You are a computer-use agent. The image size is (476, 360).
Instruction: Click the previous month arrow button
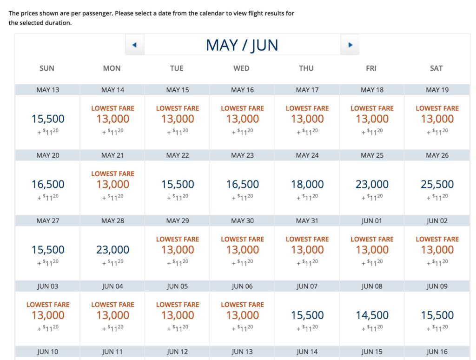point(134,45)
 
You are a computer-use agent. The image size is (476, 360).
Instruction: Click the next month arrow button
point(350,45)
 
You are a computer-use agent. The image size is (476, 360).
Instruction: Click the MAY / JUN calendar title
point(242,45)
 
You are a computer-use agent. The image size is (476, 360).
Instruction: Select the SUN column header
point(47,68)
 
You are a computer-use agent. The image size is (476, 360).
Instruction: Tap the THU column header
point(306,68)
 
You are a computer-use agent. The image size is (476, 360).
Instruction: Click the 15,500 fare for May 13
point(48,119)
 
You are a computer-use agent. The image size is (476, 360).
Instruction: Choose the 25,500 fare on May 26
point(437,185)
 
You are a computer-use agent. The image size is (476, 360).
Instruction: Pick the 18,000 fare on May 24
point(307,185)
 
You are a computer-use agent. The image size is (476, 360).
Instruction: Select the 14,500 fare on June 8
point(372,315)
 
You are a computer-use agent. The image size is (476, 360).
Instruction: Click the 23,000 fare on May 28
point(112,250)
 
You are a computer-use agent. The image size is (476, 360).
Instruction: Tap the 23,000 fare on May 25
point(372,185)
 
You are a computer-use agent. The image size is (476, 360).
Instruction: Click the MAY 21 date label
point(112,155)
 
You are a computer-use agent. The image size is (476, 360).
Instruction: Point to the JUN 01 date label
point(372,221)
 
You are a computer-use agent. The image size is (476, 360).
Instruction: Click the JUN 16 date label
point(437,352)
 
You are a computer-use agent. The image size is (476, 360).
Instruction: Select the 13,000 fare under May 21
point(112,185)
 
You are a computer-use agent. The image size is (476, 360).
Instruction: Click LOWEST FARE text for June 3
point(48,305)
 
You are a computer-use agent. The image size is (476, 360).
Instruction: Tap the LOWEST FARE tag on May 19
point(437,108)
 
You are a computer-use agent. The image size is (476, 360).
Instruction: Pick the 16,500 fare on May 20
point(48,185)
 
